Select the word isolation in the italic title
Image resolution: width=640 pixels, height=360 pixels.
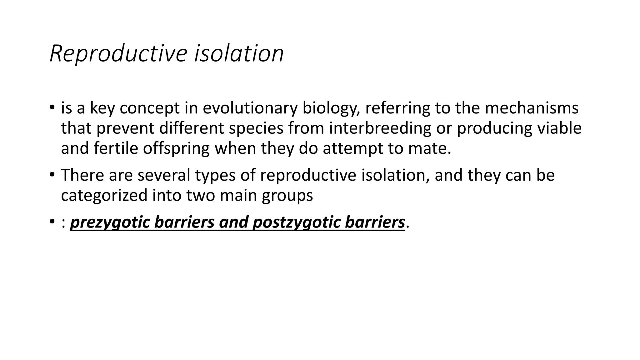point(239,54)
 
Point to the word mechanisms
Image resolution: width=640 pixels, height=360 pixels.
point(532,108)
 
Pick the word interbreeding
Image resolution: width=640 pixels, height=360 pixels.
point(380,128)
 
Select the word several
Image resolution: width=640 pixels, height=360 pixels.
point(164,175)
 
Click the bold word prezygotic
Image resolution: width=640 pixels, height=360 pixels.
point(111,222)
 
